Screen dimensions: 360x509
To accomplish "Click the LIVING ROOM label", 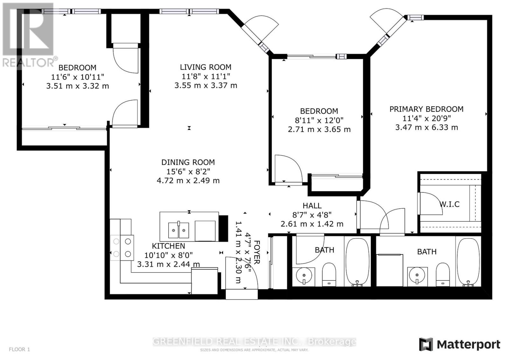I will [x=206, y=67].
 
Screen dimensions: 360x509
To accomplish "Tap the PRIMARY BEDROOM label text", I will [x=426, y=109].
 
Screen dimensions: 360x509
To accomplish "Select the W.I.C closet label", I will [x=450, y=204].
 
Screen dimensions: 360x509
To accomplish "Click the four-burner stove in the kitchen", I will [x=122, y=248].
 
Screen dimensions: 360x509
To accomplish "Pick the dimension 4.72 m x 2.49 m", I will [x=188, y=181].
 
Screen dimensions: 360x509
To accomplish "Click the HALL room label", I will [x=312, y=206].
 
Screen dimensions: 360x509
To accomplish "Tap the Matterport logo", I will [x=459, y=344].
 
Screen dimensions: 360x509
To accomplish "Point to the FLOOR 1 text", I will [x=19, y=349].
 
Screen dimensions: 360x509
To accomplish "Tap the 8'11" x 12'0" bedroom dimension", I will [x=319, y=120].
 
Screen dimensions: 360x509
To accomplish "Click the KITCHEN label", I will [x=168, y=246].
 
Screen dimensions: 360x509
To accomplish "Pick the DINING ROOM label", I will [x=188, y=162].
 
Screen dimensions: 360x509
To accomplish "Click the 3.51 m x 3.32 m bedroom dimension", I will [x=78, y=86].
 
